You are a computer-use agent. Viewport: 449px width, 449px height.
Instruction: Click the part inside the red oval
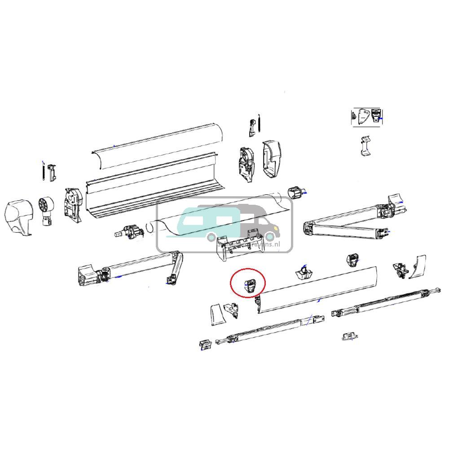click(250, 285)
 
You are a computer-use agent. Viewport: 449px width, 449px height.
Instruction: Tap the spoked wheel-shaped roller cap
click(46, 207)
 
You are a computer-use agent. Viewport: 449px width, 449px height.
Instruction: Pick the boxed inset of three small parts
click(367, 116)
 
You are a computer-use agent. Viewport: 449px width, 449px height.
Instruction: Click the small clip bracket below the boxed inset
click(366, 145)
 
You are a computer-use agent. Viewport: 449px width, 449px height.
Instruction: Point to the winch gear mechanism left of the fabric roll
click(130, 231)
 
